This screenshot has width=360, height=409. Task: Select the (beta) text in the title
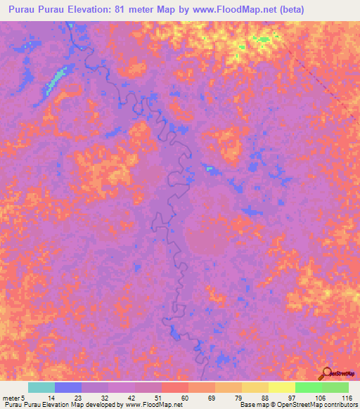coord(334,10)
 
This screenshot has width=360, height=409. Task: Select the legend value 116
coord(345,397)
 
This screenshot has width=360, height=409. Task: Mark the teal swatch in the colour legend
coord(41,387)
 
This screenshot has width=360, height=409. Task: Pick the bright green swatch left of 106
coord(307,387)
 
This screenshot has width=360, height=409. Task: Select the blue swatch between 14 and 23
coord(67,387)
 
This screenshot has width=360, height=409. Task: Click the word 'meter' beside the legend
coord(12,397)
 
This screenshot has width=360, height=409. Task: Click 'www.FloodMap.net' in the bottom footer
coord(152,405)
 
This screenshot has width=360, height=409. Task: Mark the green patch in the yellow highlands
coord(263,40)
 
